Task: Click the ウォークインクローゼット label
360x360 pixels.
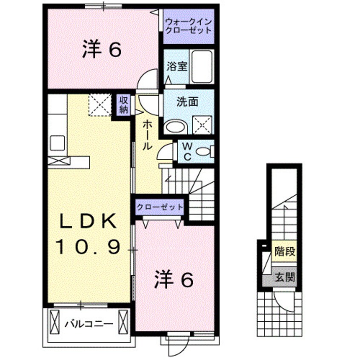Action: tap(188, 26)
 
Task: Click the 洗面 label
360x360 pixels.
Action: tap(187, 102)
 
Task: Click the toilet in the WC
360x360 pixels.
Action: tap(206, 151)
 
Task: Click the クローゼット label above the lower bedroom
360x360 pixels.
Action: tap(160, 207)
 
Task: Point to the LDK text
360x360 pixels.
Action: tap(89, 221)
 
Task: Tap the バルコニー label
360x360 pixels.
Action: tap(89, 324)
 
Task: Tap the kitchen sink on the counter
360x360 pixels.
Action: tap(57, 142)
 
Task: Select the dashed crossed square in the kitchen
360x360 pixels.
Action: tap(99, 105)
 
